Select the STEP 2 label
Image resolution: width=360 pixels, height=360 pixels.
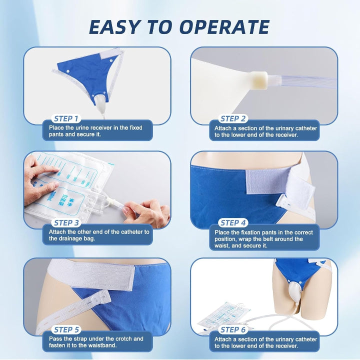tap(233, 119)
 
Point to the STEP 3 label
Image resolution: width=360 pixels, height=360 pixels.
tap(66, 223)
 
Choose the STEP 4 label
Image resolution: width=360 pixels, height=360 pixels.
tap(233, 223)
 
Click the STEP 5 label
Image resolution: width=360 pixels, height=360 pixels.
tap(66, 330)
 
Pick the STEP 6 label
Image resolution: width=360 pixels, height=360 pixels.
tap(233, 330)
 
